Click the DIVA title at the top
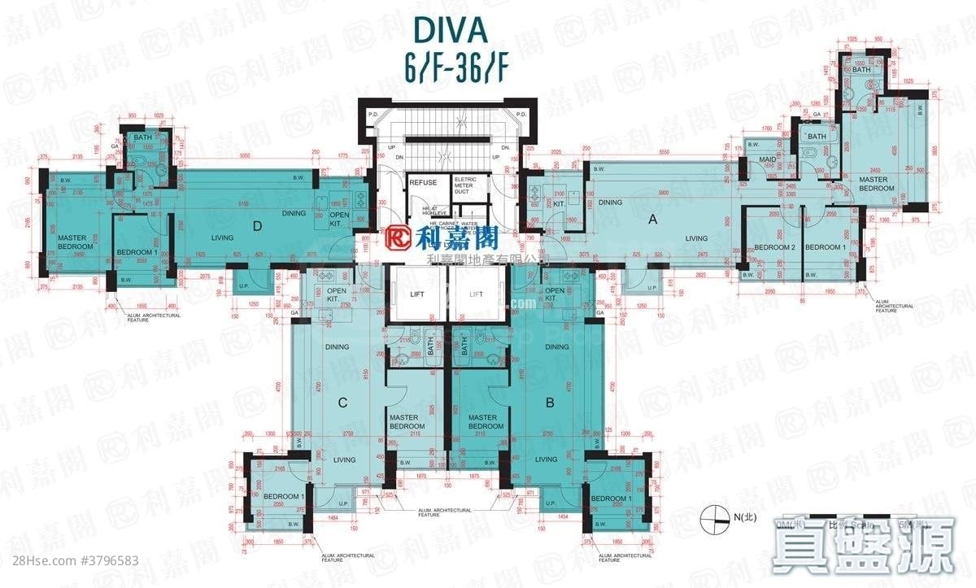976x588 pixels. (x=449, y=29)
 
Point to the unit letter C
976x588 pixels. (x=343, y=401)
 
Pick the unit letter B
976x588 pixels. (x=551, y=401)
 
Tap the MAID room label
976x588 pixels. (x=765, y=159)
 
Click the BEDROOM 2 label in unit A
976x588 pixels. (x=773, y=247)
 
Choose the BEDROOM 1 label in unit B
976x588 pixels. (x=610, y=499)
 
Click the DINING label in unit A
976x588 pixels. (x=610, y=203)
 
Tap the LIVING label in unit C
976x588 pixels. (x=344, y=460)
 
